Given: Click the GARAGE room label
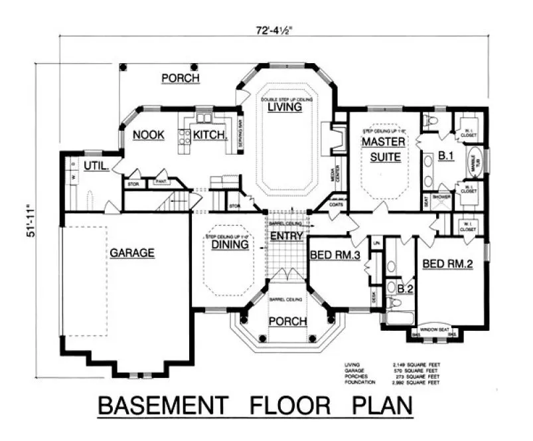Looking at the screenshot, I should point(132,252).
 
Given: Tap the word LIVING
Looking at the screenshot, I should point(281,106).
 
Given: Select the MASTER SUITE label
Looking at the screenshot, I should point(380,149).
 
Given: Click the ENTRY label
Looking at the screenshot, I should point(287,236).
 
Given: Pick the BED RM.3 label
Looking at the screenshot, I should point(335,254).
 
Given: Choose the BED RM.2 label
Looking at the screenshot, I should point(447,264).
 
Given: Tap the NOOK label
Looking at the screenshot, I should point(148,135).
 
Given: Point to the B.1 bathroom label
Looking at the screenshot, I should point(445,157).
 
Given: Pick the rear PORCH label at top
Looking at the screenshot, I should point(181,78).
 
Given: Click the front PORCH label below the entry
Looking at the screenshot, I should point(287,321).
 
